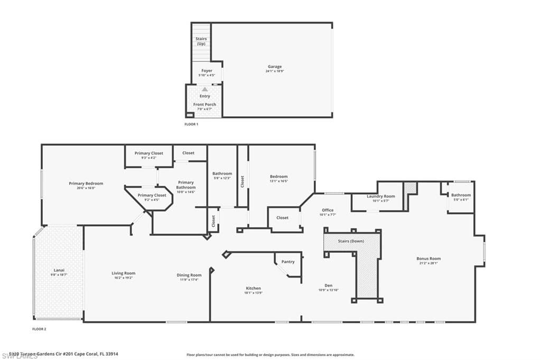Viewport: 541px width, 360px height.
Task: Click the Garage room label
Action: [x=274, y=67]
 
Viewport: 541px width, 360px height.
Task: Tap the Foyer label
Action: [x=207, y=71]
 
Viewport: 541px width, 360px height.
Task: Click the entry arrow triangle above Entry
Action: [x=205, y=89]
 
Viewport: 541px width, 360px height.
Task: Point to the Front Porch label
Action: [x=204, y=105]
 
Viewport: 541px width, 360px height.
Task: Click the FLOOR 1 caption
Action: [x=191, y=124]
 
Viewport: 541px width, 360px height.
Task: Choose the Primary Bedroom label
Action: [x=86, y=184]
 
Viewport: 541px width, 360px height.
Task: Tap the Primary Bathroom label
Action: [x=186, y=185]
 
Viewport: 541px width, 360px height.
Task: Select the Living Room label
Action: [x=124, y=273]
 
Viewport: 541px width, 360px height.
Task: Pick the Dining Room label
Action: [x=189, y=275]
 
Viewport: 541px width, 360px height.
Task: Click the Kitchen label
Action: [x=253, y=288]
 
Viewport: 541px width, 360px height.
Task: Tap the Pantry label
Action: [x=288, y=262]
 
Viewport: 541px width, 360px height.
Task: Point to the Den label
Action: [x=328, y=286]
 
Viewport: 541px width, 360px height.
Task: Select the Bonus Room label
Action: [x=428, y=259]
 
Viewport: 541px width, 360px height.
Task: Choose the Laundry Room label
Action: [x=381, y=196]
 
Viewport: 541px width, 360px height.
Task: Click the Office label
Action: [x=328, y=210]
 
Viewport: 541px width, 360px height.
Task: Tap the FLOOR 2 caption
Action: [x=40, y=329]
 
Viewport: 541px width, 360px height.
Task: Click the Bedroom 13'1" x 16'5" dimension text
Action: [x=279, y=181]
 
